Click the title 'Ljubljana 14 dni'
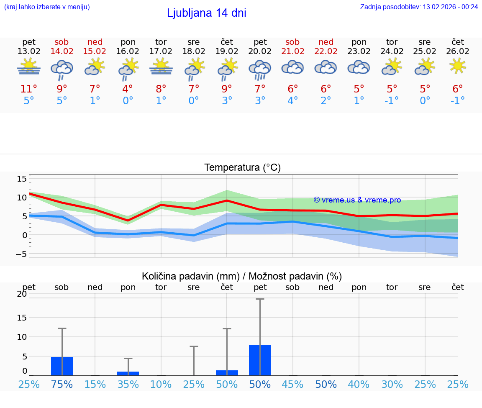[206, 13]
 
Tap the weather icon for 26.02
[458, 66]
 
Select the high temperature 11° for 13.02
[29, 89]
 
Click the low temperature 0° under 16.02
[128, 100]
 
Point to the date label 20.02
[260, 51]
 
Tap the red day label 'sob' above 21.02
[292, 42]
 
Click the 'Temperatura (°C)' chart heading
[242, 167]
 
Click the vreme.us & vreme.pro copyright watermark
[357, 200]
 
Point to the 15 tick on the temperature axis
[22, 179]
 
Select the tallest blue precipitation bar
[260, 360]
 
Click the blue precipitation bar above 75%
[62, 366]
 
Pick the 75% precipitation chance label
[62, 384]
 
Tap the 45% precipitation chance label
[292, 384]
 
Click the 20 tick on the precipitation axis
[22, 294]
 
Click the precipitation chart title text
[242, 276]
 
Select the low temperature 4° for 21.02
[292, 100]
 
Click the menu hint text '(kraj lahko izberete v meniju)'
[47, 7]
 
